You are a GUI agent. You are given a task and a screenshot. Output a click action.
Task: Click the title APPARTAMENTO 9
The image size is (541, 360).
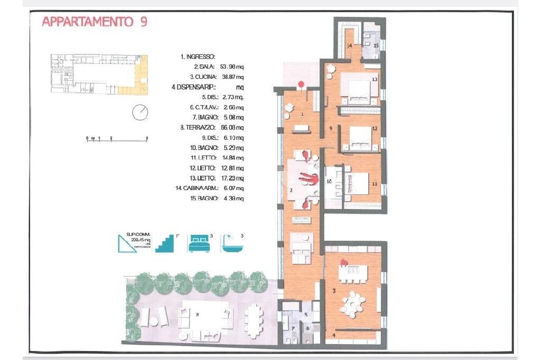(x=94, y=22)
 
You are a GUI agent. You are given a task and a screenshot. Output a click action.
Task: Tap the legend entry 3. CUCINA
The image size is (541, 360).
(x=199, y=77)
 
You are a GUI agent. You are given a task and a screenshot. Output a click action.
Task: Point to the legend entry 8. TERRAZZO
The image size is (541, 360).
(x=197, y=127)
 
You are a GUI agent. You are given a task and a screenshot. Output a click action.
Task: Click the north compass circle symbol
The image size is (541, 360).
(x=140, y=112)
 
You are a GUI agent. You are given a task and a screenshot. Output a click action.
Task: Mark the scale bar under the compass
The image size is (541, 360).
(x=117, y=139)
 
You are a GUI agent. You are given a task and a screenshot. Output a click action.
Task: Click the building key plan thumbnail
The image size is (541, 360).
(x=99, y=74)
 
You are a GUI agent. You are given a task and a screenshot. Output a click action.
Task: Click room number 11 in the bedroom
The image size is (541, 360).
(x=374, y=184)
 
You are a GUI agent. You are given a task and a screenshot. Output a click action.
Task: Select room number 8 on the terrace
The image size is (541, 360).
(x=197, y=315)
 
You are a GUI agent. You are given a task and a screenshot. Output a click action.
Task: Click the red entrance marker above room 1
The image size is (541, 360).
(x=301, y=83)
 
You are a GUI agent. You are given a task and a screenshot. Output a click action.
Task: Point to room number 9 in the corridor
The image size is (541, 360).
(x=330, y=128)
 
